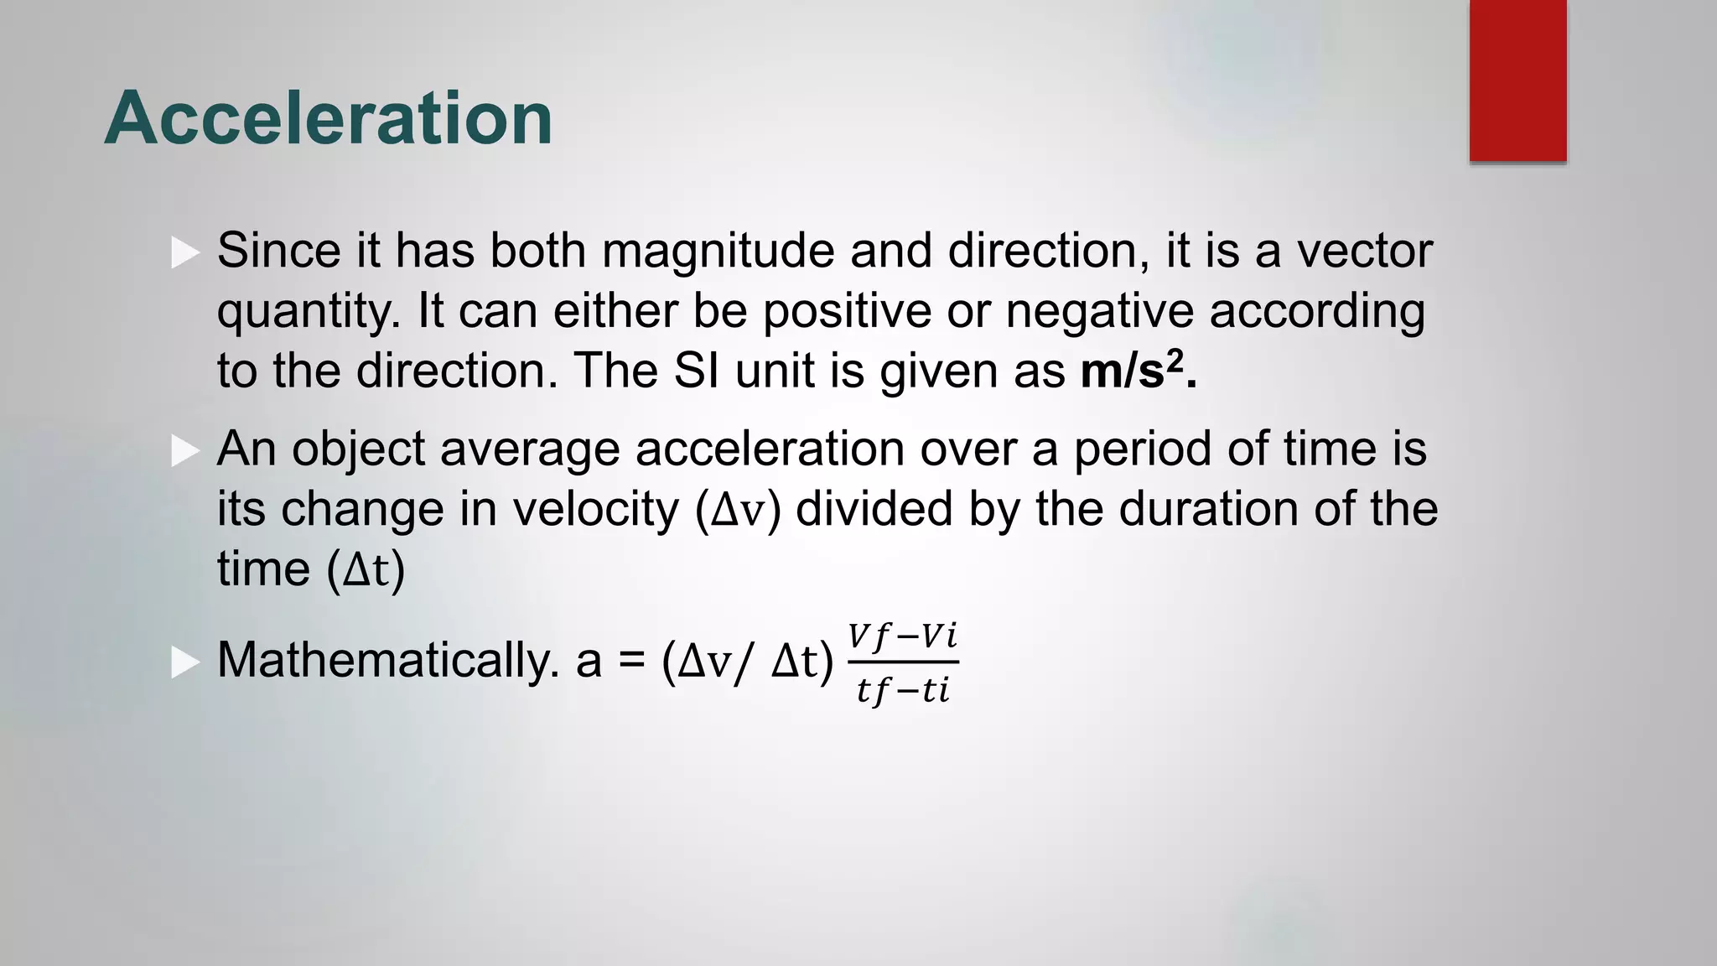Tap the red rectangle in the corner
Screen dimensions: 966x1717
1517,80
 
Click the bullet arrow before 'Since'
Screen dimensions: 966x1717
185,252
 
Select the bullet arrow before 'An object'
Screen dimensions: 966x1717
185,450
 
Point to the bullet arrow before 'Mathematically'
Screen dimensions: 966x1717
185,662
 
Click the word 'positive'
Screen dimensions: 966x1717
847,311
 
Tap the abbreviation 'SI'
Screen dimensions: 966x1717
696,371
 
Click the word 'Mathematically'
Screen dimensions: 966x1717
387,660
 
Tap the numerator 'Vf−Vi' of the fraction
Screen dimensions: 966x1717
902,636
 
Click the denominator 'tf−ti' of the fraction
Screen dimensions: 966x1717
903,691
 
